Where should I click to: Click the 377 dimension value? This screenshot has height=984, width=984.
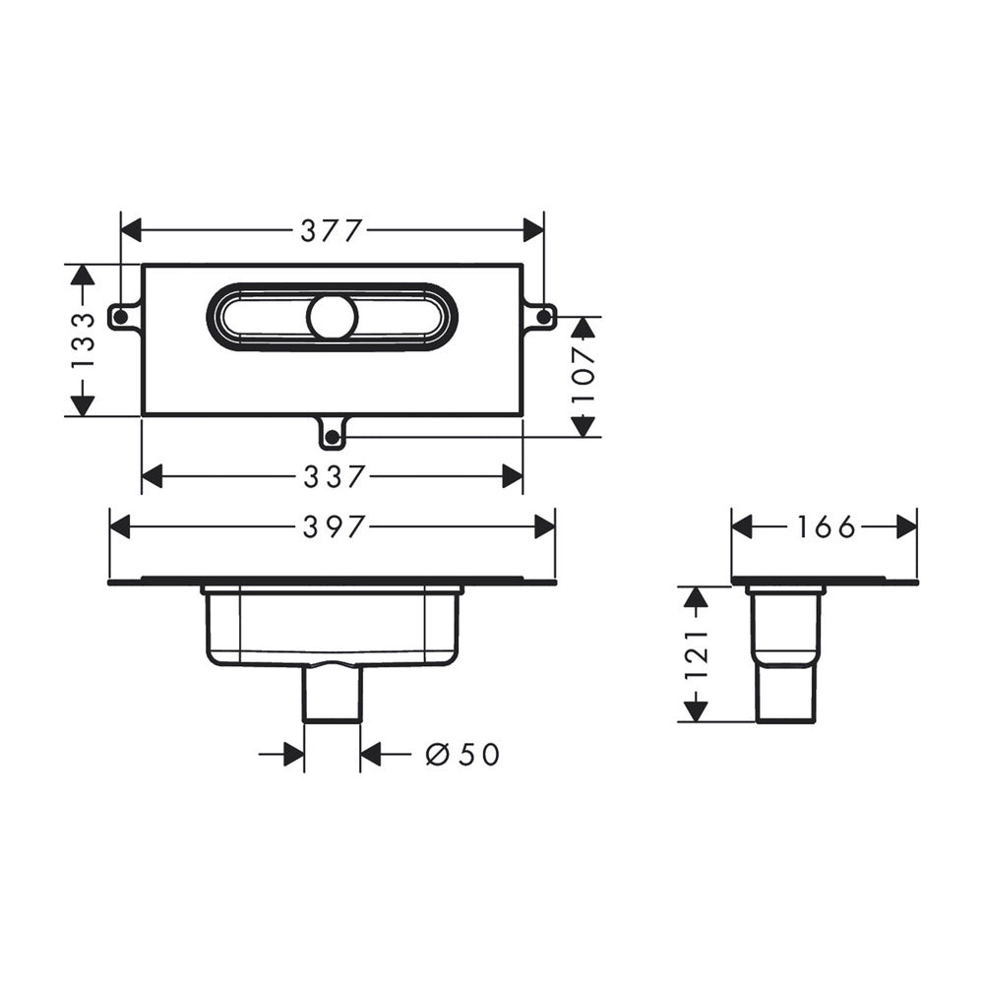coord(332,231)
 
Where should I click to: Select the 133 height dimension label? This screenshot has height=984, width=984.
coord(83,340)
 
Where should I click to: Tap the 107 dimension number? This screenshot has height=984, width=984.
coord(584,376)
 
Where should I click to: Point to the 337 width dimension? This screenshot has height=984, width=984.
coord(334,477)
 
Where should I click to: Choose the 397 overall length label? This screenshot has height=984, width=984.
coord(334,526)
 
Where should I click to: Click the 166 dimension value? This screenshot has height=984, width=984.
coord(826,526)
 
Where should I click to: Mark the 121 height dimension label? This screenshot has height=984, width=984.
coord(696,654)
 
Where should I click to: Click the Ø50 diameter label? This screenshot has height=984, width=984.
coord(462,754)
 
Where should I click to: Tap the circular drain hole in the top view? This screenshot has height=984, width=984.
coord(332,317)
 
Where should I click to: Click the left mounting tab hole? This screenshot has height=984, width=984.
coord(119,317)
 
